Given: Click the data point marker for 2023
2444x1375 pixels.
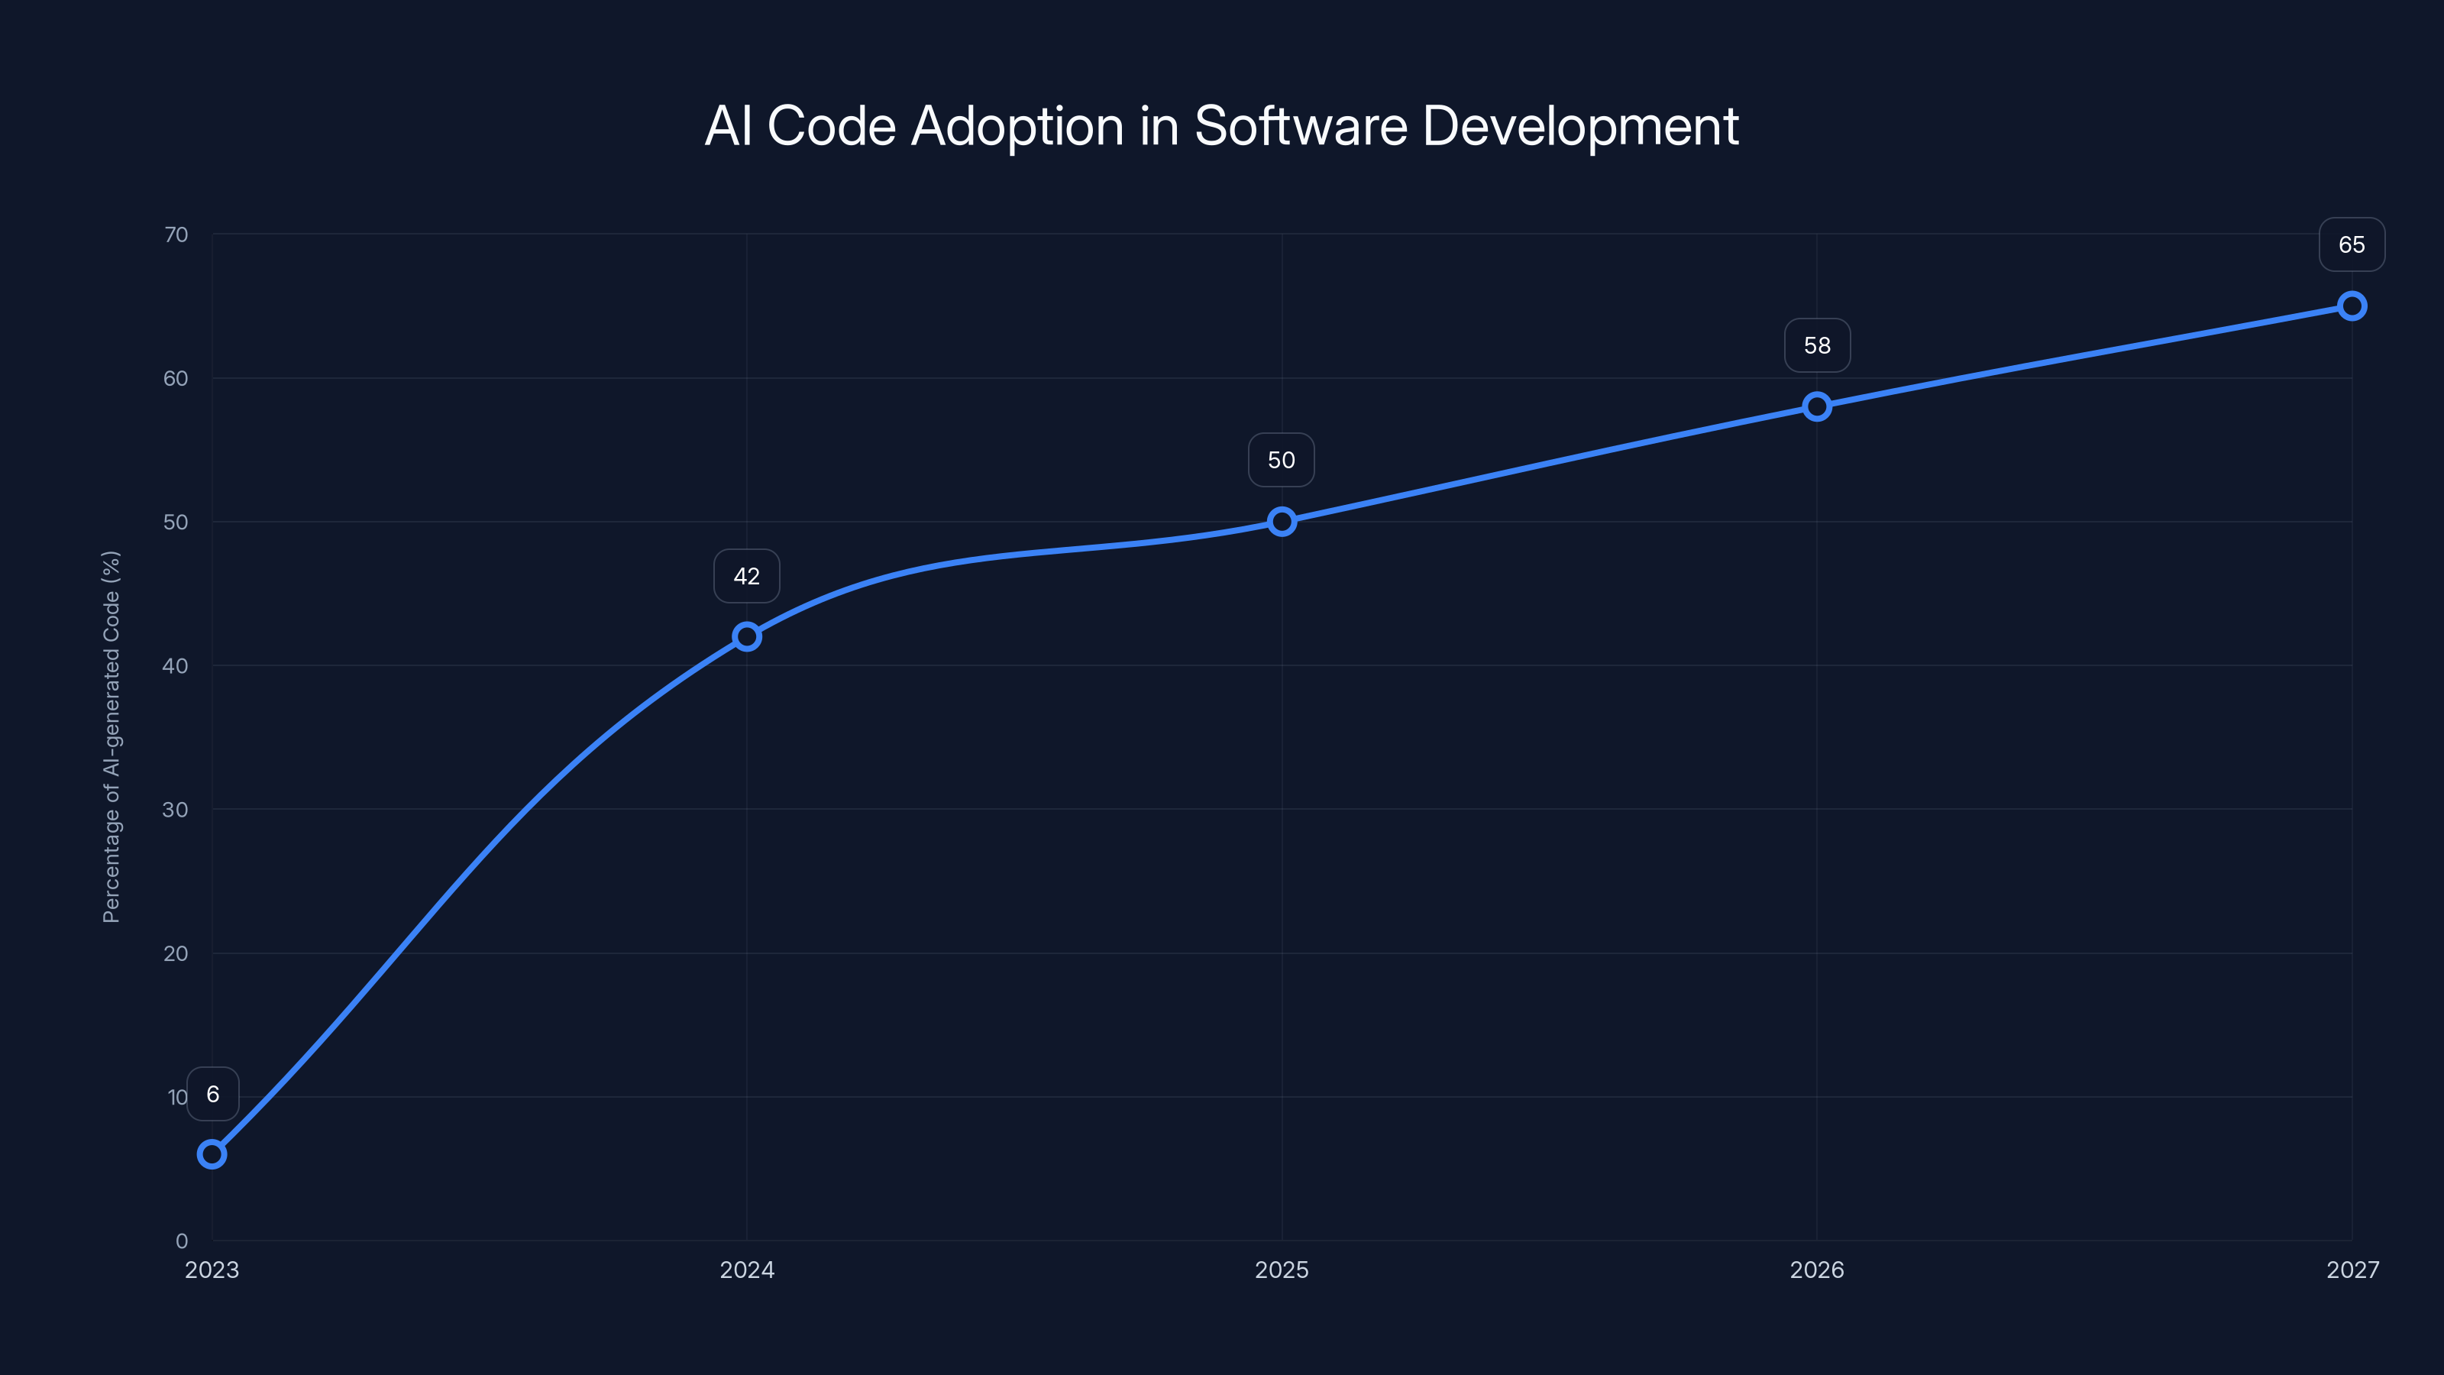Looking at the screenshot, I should (212, 1154).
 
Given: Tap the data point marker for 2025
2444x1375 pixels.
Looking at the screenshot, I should (1282, 521).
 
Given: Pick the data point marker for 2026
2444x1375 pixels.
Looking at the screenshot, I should (1817, 406).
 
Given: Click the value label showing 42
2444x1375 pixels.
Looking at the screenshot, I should (747, 576).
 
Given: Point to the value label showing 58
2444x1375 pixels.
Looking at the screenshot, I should (1817, 345).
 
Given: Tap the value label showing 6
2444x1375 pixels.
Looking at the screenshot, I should (212, 1094).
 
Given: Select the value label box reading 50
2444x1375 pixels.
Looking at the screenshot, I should (1282, 460).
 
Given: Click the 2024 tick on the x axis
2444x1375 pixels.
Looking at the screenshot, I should (747, 1270).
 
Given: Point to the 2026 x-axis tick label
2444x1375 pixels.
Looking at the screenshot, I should (1817, 1270).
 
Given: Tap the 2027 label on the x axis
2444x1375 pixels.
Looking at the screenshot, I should (2352, 1270).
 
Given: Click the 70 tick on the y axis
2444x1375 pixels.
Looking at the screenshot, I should (176, 235).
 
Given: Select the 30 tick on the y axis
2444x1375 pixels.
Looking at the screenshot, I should (176, 810).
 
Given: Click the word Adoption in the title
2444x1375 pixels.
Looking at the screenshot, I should (1017, 127).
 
